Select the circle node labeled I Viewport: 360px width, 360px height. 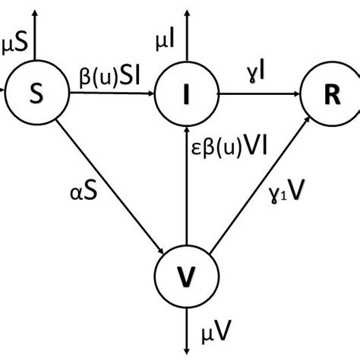(x=185, y=94)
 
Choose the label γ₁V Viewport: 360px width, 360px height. (x=292, y=199)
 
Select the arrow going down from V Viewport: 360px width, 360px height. (x=185, y=323)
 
